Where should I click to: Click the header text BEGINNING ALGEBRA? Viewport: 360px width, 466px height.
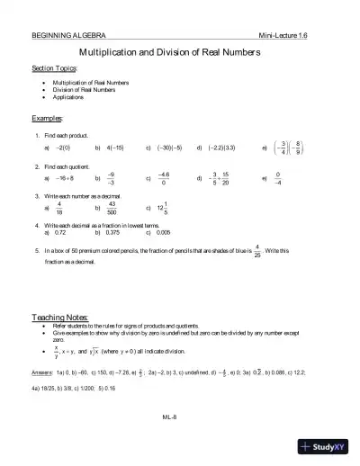62,34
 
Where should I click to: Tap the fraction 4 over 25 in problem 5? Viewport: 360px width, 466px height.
257,249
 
